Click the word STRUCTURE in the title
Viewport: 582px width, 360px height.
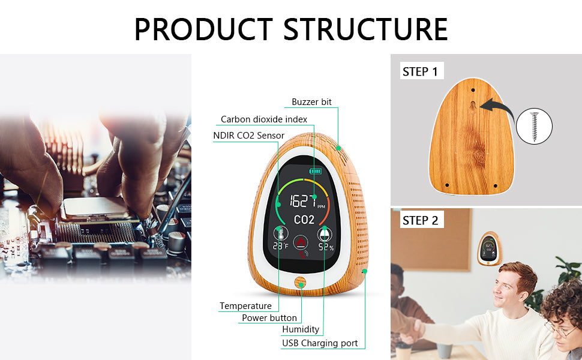tap(365, 29)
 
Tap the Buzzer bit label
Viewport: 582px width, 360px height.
tap(311, 102)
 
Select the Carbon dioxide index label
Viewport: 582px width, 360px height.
tap(264, 119)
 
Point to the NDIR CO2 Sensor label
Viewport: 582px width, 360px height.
tap(248, 136)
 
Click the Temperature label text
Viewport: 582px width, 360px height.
tap(245, 306)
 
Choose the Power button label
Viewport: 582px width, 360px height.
tap(269, 317)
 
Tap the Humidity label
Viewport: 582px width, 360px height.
tap(301, 329)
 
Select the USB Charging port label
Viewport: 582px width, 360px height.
tap(320, 343)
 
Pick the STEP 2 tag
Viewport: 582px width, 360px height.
tap(420, 220)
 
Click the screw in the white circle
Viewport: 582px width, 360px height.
tap(533, 126)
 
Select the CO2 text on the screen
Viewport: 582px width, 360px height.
tap(304, 220)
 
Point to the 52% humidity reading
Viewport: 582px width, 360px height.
tap(326, 247)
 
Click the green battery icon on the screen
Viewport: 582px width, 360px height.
tap(315, 172)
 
